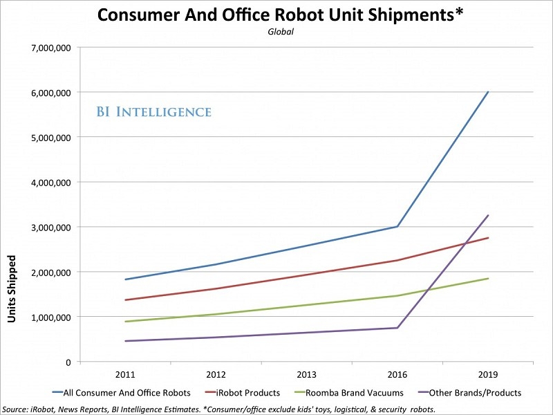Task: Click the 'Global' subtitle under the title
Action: click(276, 32)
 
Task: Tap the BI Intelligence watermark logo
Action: click(153, 111)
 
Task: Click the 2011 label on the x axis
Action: click(125, 374)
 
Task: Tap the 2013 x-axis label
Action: click(307, 374)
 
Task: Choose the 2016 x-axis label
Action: click(397, 374)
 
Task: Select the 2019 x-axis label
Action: click(488, 374)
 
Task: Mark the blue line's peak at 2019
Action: click(488, 92)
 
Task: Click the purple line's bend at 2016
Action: click(397, 328)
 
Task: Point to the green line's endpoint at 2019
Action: click(488, 279)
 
